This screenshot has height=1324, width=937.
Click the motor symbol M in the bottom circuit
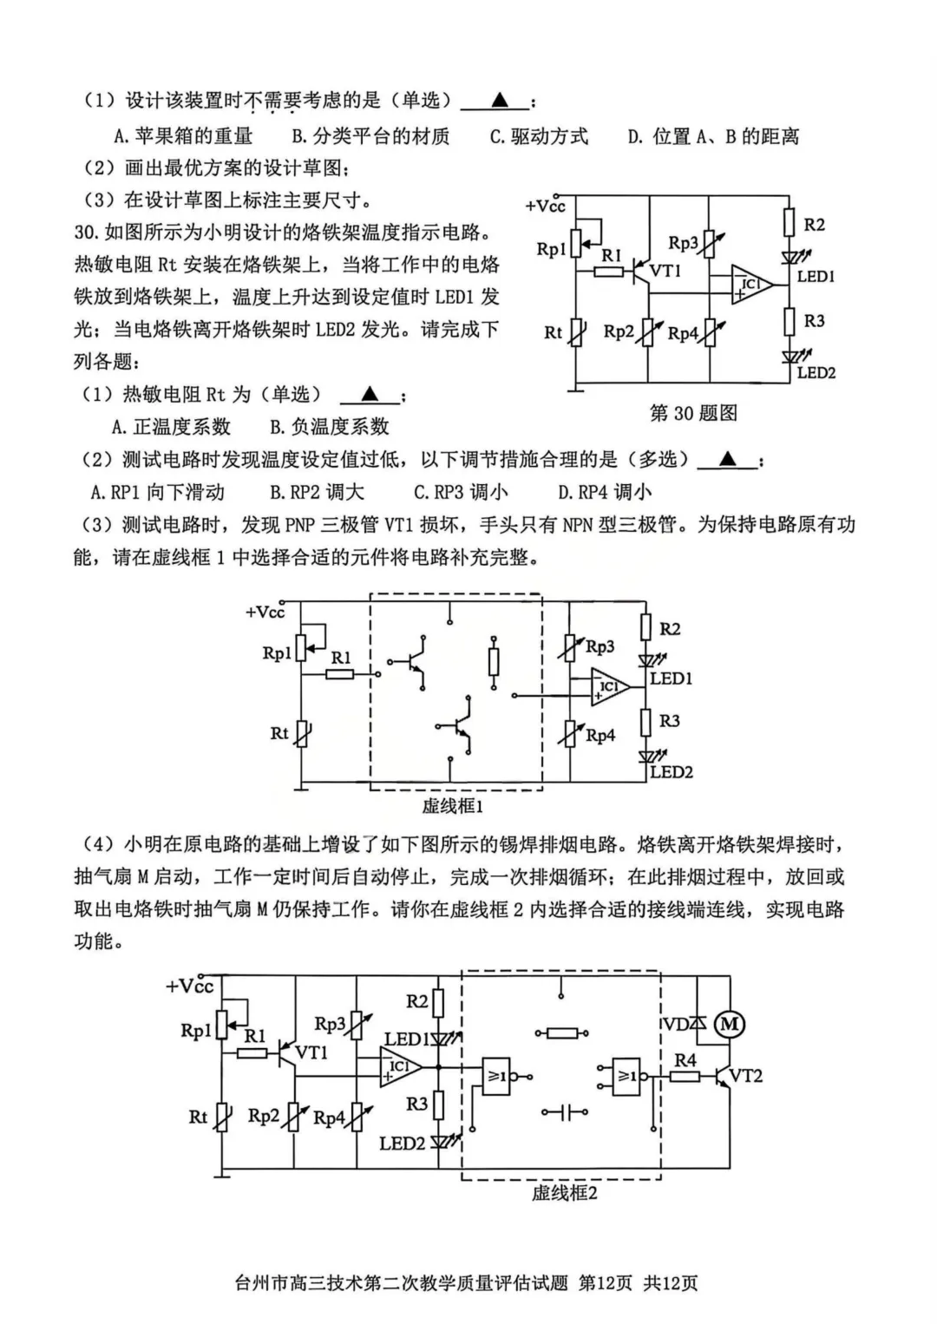click(x=730, y=1025)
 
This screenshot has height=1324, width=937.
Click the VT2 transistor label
click(x=745, y=1076)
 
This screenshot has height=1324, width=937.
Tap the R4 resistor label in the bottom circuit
click(x=685, y=1059)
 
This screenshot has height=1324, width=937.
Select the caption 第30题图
click(x=693, y=413)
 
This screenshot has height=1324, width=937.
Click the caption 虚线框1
click(x=452, y=806)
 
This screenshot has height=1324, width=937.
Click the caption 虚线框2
click(x=564, y=1193)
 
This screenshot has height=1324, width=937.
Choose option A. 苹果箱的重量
click(x=183, y=136)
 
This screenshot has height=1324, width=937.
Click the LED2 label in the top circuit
click(x=816, y=373)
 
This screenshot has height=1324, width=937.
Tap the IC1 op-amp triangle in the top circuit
click(x=750, y=284)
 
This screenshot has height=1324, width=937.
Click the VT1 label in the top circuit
click(x=665, y=271)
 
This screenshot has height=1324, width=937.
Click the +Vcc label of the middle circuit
click(x=265, y=613)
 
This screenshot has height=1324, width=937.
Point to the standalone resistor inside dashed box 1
click(x=495, y=662)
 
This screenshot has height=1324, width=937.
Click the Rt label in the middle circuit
click(x=278, y=733)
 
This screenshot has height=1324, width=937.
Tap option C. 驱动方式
click(x=539, y=136)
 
